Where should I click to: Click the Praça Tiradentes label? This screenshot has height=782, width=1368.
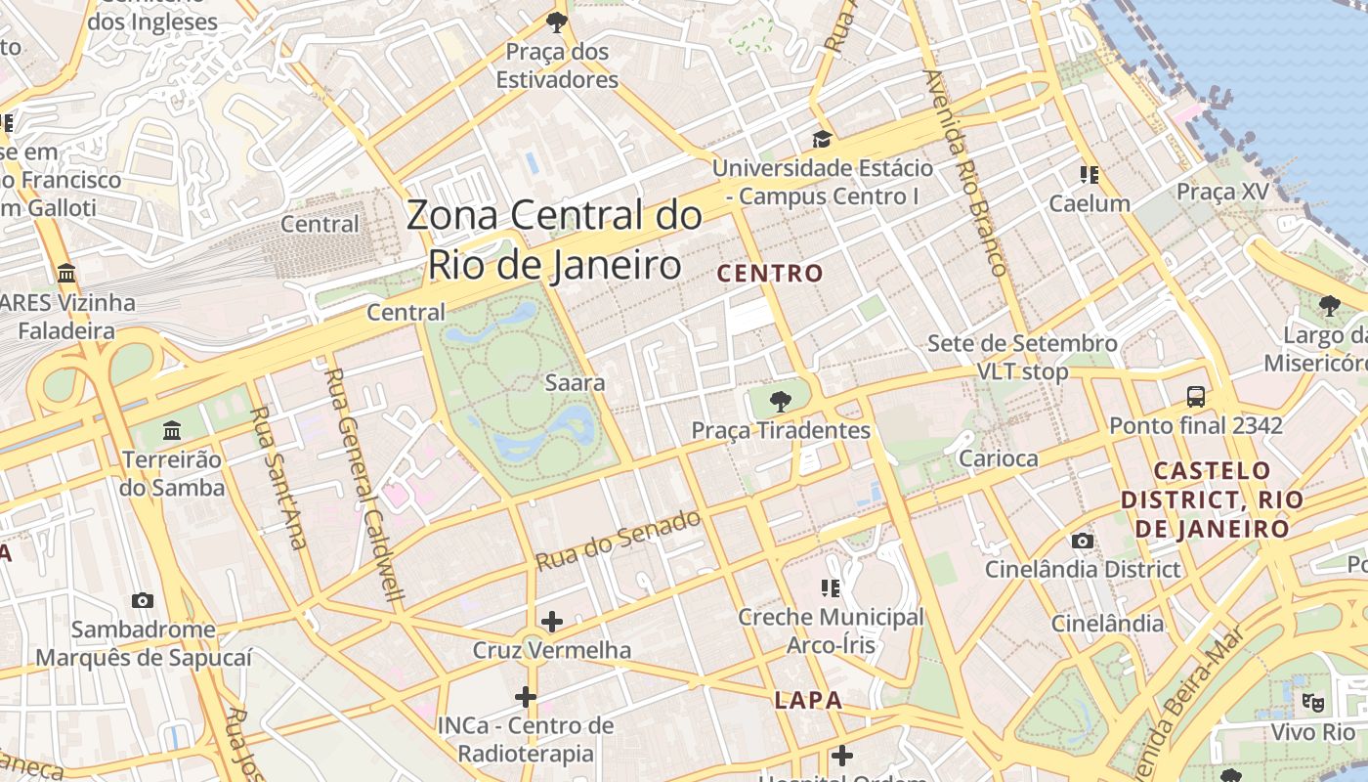click(x=780, y=430)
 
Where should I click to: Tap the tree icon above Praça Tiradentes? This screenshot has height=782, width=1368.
click(x=780, y=400)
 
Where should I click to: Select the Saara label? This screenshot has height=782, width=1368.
click(x=575, y=382)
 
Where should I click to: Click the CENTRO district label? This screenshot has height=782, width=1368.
click(x=771, y=273)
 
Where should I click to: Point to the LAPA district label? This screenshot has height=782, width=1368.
click(x=808, y=700)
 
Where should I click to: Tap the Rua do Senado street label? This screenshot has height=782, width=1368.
click(x=619, y=541)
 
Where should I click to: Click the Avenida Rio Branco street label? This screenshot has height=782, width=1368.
click(x=965, y=172)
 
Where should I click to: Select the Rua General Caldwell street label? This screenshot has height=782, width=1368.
click(x=363, y=485)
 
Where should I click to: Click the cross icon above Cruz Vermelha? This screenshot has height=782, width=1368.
click(x=552, y=621)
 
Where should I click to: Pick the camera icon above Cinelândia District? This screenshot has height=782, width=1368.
click(x=1082, y=541)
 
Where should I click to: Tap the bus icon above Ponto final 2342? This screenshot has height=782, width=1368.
click(x=1195, y=397)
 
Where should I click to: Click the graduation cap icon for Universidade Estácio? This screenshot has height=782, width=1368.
click(x=822, y=140)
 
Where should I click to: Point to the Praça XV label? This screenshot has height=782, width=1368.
click(x=1221, y=192)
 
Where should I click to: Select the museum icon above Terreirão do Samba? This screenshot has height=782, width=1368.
click(x=173, y=430)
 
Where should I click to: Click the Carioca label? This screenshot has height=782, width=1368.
click(x=999, y=458)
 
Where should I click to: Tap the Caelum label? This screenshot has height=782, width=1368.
click(x=1090, y=203)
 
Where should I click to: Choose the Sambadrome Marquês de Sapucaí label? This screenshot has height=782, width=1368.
click(x=144, y=643)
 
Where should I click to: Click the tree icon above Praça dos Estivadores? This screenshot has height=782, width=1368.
click(x=557, y=22)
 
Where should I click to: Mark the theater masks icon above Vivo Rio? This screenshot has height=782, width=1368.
click(x=1313, y=702)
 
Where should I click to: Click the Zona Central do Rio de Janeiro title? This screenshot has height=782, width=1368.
click(x=554, y=239)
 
